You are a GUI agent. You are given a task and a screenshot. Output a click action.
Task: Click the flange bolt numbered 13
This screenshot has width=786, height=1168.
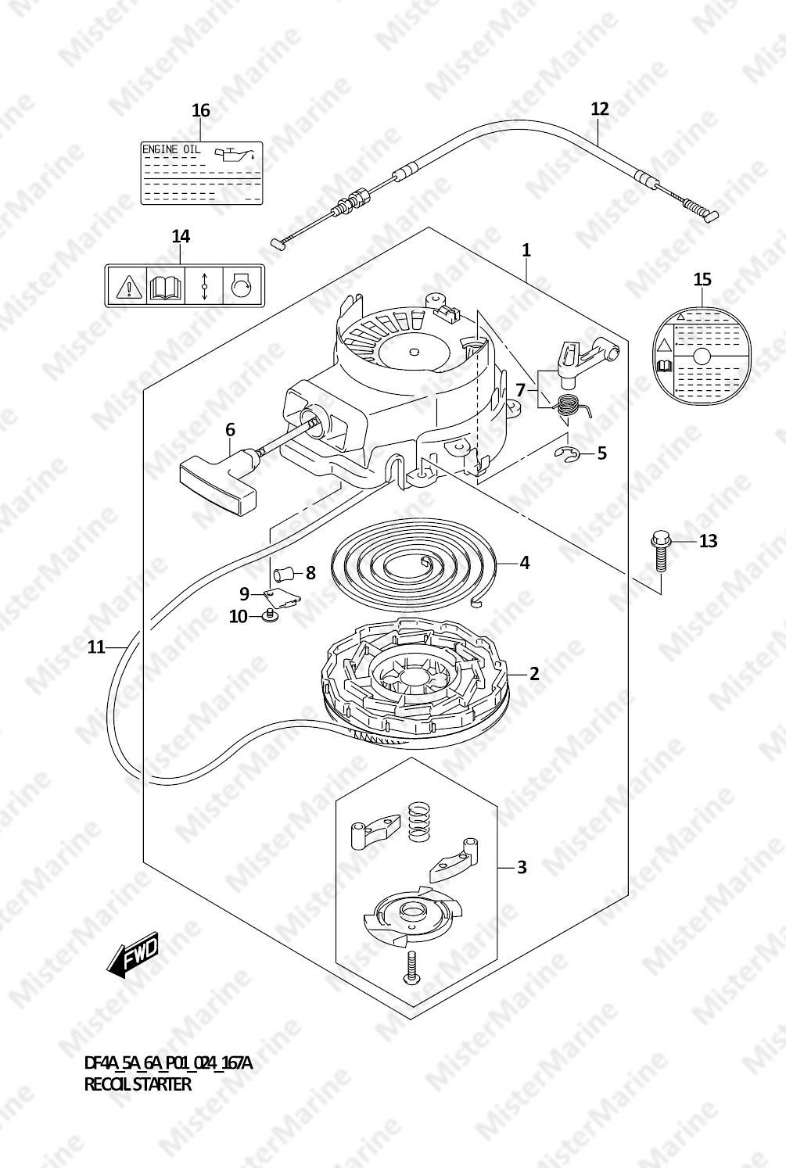[x=659, y=552]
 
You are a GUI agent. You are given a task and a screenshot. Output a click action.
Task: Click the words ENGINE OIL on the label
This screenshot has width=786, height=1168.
[x=171, y=149]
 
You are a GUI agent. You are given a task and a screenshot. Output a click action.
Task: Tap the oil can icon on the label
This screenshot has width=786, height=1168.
[x=235, y=154]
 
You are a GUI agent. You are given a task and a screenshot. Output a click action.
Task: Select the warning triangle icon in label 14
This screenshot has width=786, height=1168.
[x=127, y=285]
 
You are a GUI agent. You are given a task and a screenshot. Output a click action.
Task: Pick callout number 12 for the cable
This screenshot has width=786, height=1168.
[x=600, y=109]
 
